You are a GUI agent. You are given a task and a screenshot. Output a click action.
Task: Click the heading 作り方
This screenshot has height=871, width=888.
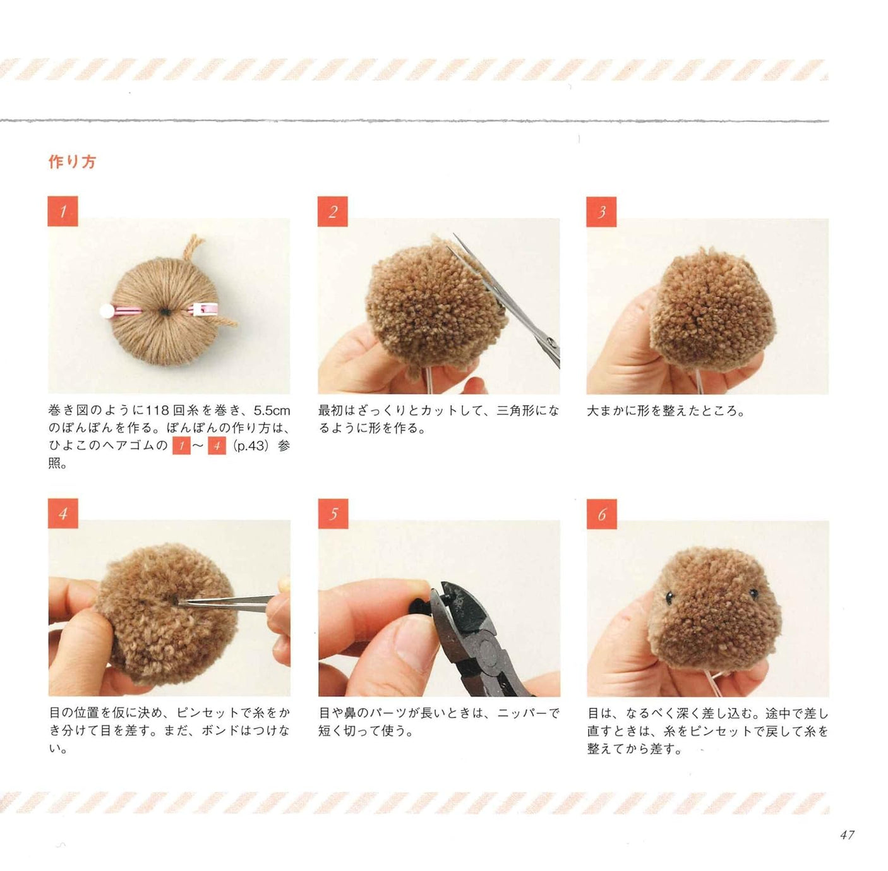[x=72, y=162]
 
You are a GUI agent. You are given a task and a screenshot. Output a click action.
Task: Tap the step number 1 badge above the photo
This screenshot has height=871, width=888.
[x=63, y=211]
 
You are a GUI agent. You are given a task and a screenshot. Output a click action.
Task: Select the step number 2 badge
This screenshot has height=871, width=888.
[x=332, y=211]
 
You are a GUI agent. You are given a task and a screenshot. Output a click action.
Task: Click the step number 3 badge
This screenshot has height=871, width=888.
[x=601, y=211]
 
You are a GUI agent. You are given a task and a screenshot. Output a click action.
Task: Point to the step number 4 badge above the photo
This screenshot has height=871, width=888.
[x=63, y=513]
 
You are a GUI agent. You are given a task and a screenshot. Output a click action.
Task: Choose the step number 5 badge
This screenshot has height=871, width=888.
[x=333, y=513]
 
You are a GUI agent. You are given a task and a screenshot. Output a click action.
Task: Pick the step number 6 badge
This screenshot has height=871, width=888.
[x=601, y=513]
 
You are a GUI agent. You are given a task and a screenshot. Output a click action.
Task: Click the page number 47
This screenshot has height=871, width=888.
[x=847, y=835]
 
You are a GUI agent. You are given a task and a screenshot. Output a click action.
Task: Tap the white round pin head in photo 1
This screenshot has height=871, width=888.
[x=105, y=310]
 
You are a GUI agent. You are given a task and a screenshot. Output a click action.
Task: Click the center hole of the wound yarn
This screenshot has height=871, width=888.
[x=165, y=311]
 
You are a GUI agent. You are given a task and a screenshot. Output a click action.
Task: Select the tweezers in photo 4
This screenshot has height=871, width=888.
[x=227, y=601]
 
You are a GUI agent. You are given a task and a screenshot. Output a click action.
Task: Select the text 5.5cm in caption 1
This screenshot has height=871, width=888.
[x=272, y=411]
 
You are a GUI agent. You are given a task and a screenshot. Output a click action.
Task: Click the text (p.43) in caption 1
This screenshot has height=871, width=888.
[x=251, y=446]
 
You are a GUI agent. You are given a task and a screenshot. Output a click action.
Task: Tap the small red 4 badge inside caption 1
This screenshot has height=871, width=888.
[x=217, y=446]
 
